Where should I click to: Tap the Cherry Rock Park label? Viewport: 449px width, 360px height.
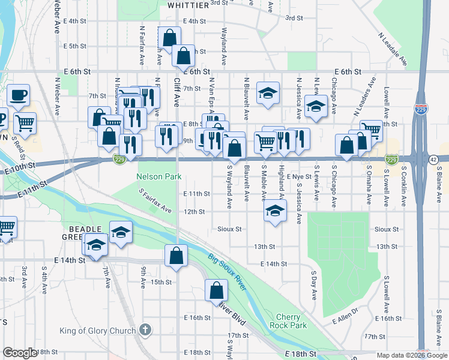tap(291, 321)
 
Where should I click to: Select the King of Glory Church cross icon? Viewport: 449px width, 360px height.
tap(145, 329)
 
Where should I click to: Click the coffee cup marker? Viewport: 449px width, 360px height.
tap(18, 94)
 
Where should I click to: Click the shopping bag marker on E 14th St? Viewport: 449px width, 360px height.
tap(176, 255)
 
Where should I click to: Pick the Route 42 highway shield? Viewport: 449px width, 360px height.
tap(433, 160)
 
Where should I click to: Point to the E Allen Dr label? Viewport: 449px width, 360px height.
tap(345, 316)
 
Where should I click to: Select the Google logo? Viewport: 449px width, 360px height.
tap(20, 353)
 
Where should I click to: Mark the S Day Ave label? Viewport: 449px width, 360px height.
tap(313, 286)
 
